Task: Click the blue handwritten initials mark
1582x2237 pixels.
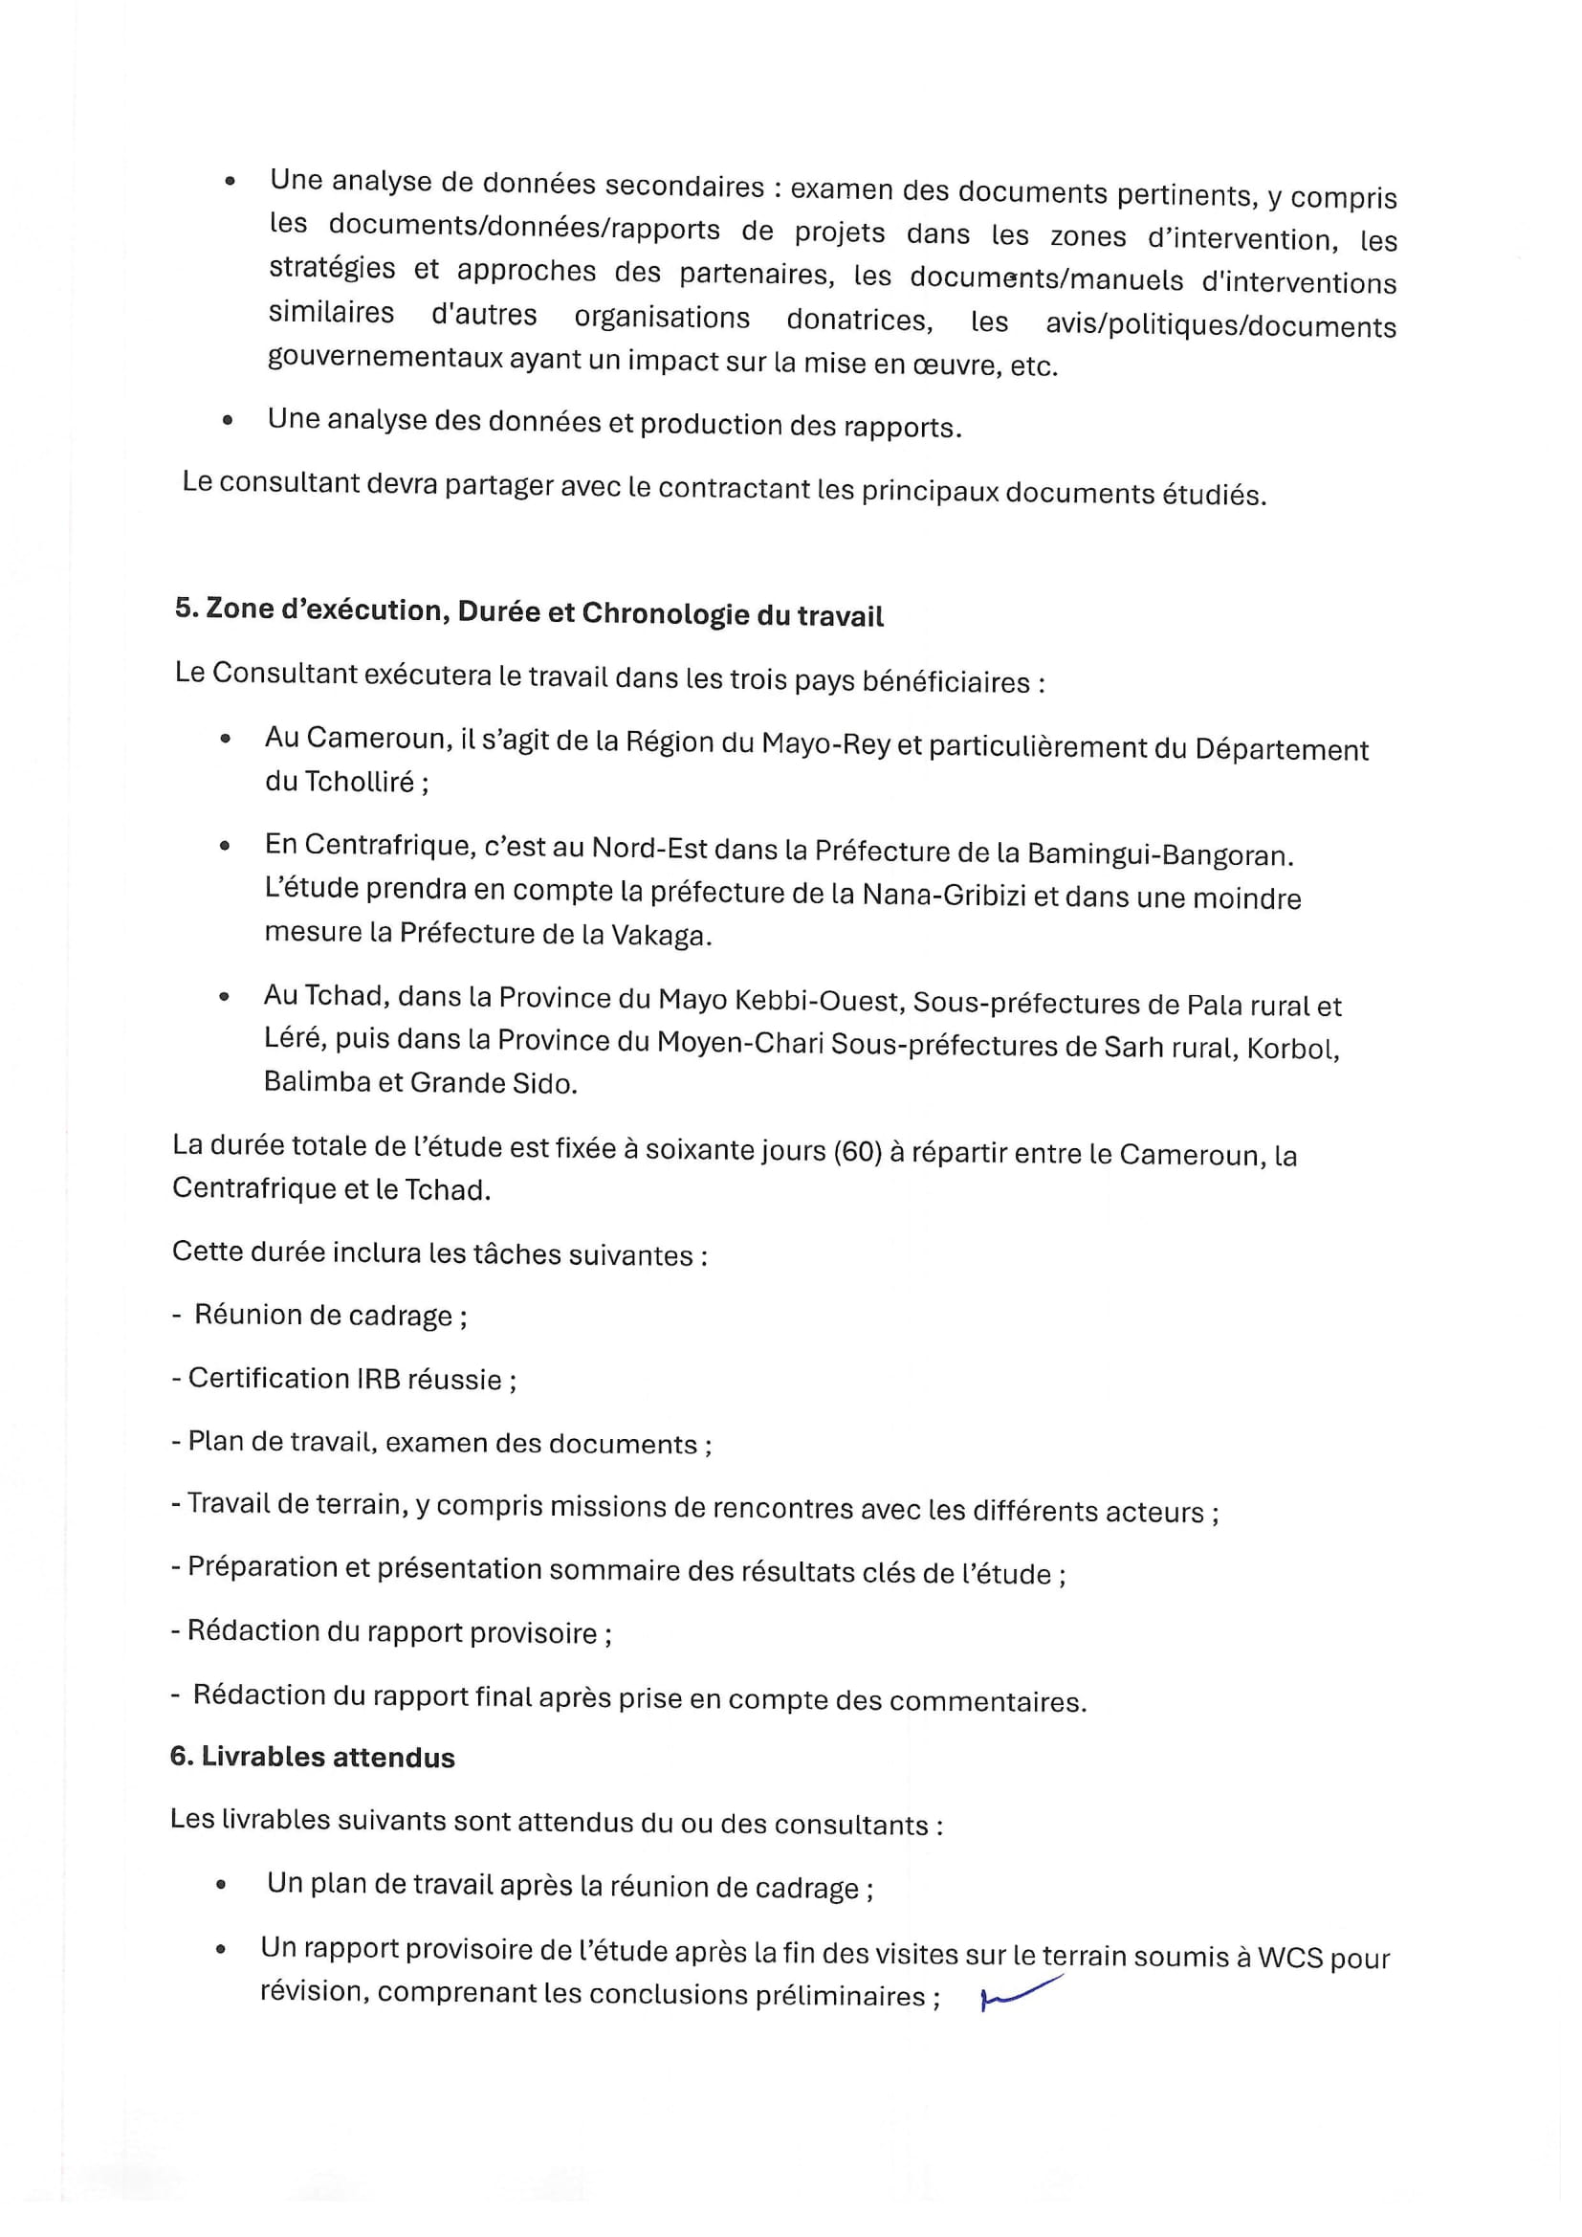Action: (1020, 1992)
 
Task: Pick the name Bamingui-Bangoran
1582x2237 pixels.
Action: (1159, 855)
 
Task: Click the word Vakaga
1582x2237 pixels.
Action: (660, 936)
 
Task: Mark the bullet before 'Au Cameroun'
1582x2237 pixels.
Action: (225, 739)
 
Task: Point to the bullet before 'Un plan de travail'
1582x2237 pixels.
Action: (223, 1885)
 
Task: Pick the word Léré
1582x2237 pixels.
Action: (292, 1039)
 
